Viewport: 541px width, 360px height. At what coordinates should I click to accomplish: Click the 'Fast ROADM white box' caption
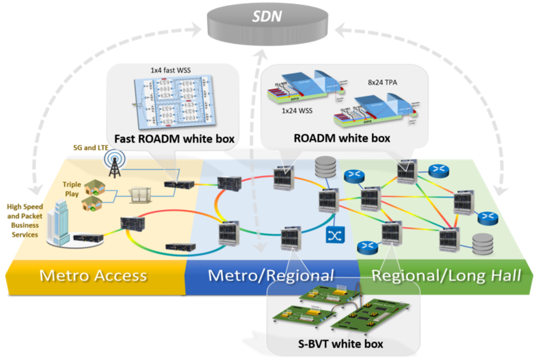pos(172,139)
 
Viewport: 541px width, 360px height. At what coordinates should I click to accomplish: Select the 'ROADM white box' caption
pos(342,138)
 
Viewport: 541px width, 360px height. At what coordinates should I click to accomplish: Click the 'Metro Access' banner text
pos(93,276)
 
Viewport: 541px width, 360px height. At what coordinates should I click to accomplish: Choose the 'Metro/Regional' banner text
pos(270,276)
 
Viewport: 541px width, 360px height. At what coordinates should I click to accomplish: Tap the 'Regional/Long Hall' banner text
pos(446,276)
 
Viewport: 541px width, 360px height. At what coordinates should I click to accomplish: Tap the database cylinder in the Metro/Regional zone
pos(324,168)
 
